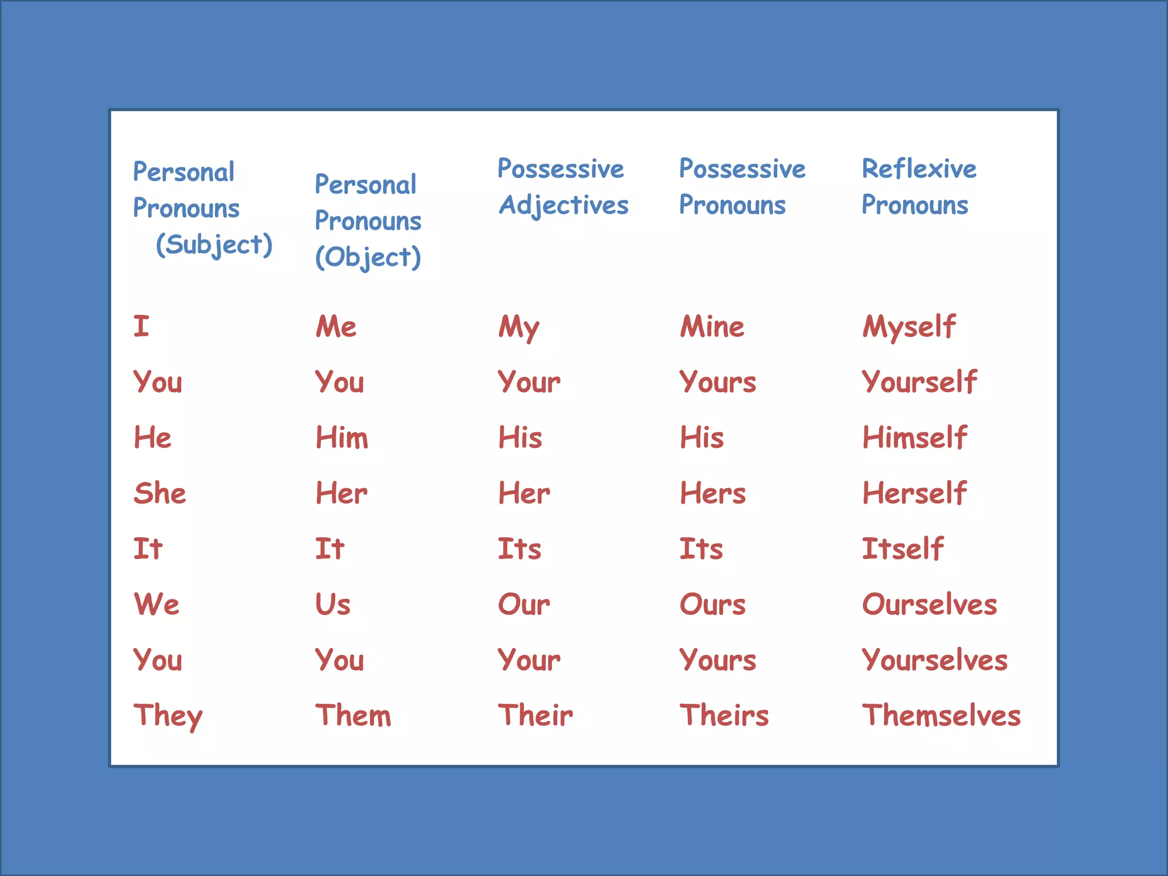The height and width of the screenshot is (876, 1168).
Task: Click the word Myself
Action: click(909, 327)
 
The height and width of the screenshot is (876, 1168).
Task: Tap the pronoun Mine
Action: click(712, 327)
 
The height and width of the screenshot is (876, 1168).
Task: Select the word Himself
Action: click(915, 437)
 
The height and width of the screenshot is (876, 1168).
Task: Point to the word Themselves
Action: click(941, 715)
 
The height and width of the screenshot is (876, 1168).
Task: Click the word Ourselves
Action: click(930, 604)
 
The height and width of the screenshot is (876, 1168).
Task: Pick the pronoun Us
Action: click(333, 604)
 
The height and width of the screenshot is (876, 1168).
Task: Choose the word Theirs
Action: click(724, 715)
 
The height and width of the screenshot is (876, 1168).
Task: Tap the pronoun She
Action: click(160, 493)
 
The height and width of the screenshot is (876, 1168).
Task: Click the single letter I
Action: click(141, 326)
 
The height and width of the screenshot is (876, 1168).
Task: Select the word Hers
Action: click(713, 493)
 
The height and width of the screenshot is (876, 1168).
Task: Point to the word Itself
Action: click(903, 549)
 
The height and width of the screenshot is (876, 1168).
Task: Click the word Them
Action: click(354, 715)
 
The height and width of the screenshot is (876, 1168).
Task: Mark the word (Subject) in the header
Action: click(214, 245)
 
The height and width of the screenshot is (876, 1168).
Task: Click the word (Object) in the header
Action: click(368, 257)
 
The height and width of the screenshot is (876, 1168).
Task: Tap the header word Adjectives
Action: click(563, 205)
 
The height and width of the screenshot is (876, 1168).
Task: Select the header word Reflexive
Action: click(919, 169)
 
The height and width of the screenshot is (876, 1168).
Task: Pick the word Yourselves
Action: click(935, 660)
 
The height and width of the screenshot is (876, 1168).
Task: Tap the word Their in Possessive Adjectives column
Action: click(536, 715)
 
